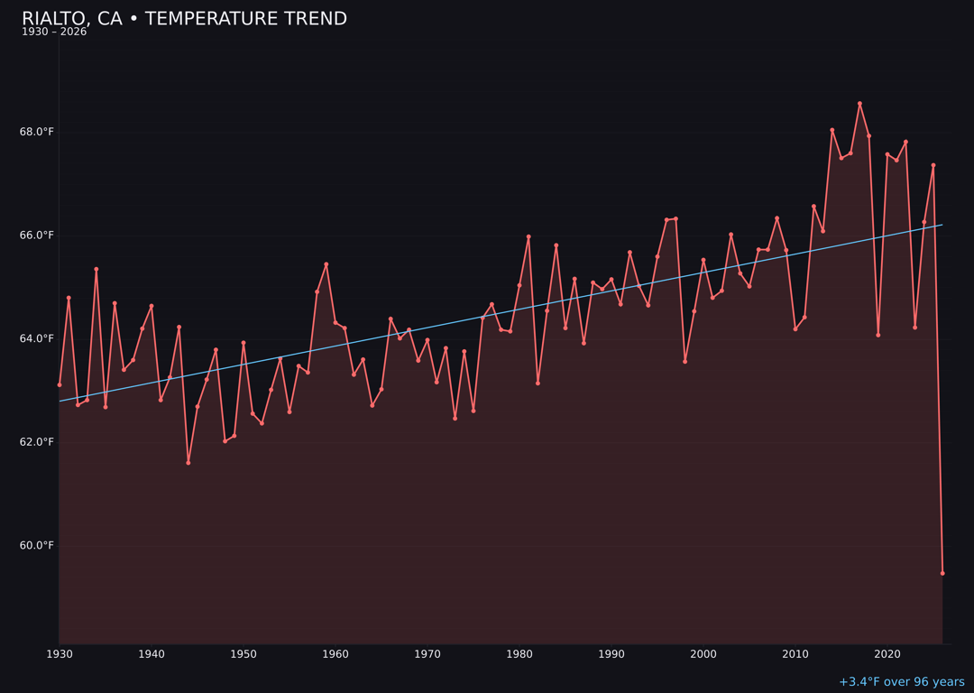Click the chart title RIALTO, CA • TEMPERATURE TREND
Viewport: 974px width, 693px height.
(184, 19)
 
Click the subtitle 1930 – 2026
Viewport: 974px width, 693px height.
(54, 32)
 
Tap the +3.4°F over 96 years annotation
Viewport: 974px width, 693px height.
(901, 682)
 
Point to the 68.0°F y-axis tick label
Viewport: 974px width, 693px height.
(37, 132)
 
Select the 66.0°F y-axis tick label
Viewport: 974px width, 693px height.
(37, 236)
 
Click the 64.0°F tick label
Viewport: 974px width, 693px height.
(37, 338)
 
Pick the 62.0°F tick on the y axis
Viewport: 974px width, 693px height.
(37, 442)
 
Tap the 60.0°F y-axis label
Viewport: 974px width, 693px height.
(37, 545)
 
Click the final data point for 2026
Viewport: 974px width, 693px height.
(942, 573)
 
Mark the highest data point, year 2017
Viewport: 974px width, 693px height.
(859, 104)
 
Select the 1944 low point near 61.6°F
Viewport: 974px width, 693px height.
(188, 463)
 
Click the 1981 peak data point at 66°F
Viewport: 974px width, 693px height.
(528, 236)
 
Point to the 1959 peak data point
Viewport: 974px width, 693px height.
(326, 264)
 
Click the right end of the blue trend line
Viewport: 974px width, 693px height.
(942, 225)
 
